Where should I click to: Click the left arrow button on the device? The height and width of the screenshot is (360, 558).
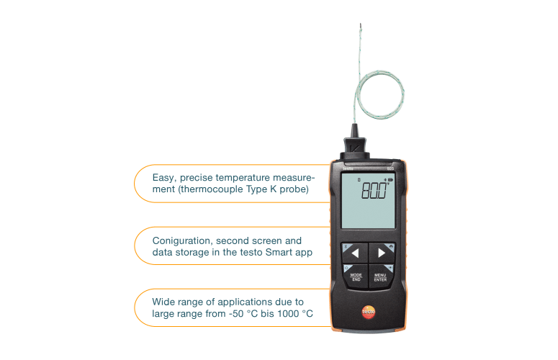coord(354,253)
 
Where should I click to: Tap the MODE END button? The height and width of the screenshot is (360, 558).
coord(355,276)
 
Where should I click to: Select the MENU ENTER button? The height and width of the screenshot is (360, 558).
coord(381,276)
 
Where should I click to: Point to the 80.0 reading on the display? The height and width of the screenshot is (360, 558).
coord(373,192)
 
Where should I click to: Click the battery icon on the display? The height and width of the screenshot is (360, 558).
coord(390,179)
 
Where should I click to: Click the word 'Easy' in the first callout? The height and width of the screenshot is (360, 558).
coord(163,177)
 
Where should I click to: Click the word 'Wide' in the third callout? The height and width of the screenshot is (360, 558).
coord(163,302)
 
